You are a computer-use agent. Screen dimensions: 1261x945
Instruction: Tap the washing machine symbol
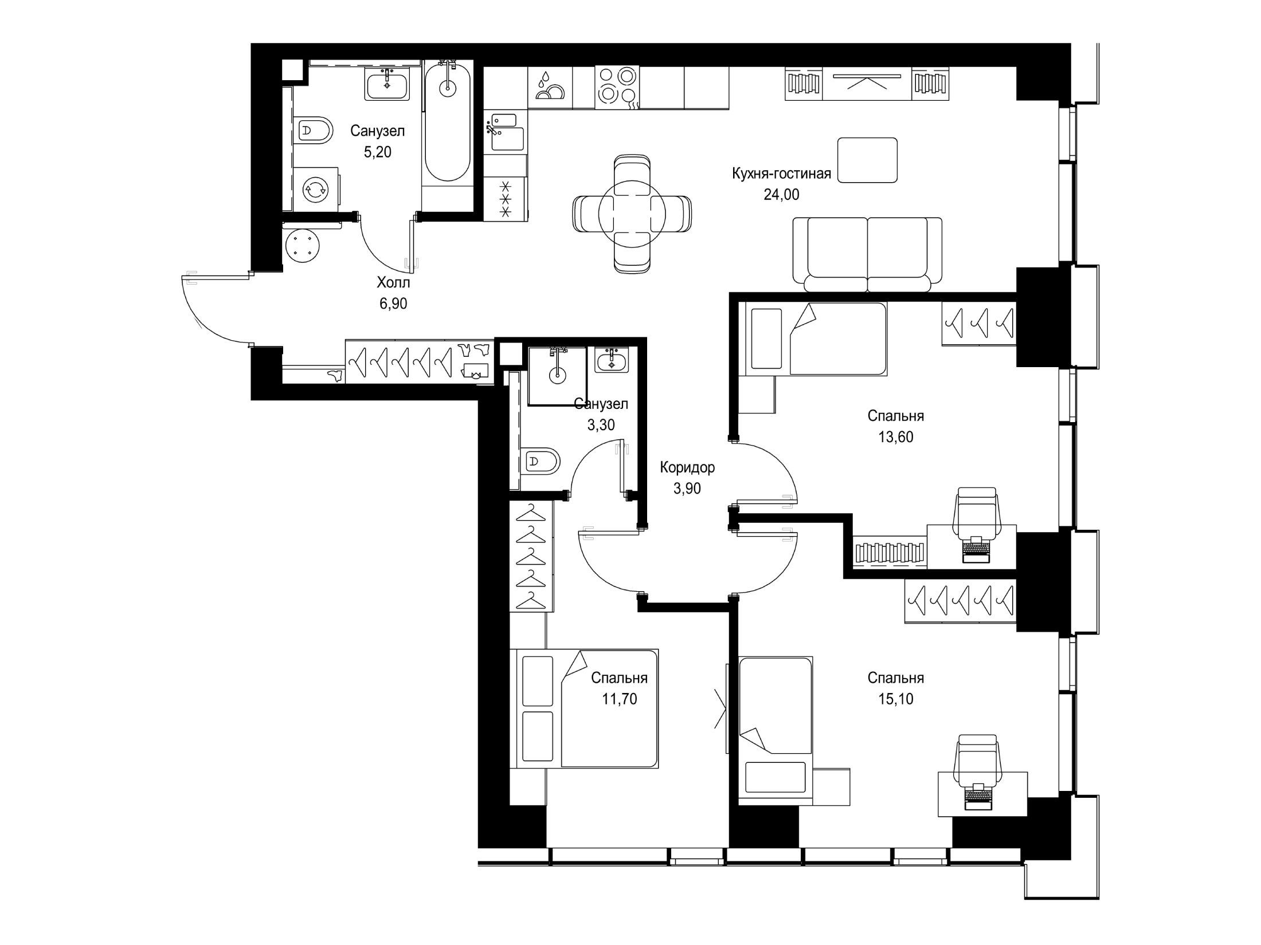tap(315, 190)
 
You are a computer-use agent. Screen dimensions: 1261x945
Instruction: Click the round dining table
tap(632, 214)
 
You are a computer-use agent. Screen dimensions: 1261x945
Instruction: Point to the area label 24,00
tap(781, 195)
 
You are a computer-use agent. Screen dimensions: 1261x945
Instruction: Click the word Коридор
tap(687, 468)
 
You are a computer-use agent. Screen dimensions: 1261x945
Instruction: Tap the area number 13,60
tap(896, 438)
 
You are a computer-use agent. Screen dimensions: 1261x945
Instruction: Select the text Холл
tap(393, 283)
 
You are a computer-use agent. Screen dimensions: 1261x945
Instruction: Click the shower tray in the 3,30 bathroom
tap(557, 376)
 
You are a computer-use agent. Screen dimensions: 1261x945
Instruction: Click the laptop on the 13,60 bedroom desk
tap(976, 549)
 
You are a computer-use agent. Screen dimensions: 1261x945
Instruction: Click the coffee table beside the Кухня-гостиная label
tap(867, 160)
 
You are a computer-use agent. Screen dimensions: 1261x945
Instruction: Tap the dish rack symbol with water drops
tap(550, 87)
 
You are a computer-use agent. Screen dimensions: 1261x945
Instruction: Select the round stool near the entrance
tap(301, 245)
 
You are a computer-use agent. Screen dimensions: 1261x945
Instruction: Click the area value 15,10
tap(896, 699)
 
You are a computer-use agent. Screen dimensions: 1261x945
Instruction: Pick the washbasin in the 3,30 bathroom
tap(612, 360)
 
